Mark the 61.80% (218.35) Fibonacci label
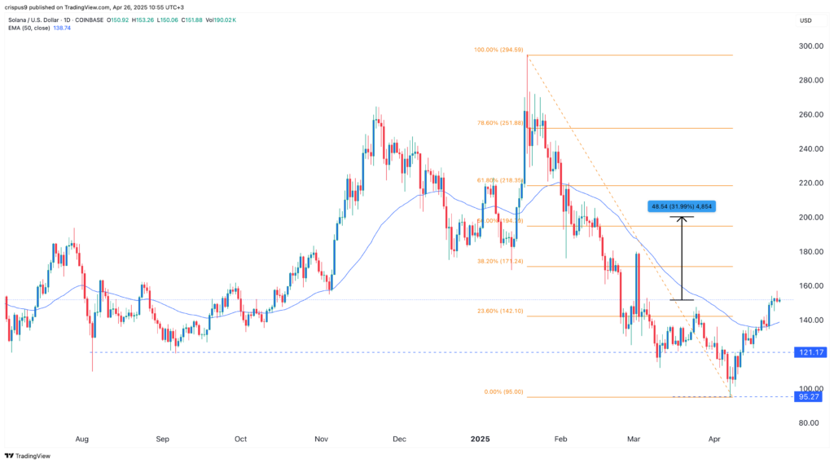point(498,180)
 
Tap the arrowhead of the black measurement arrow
point(683,218)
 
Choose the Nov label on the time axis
point(322,439)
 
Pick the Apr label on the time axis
point(715,439)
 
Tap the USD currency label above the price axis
point(806,20)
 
